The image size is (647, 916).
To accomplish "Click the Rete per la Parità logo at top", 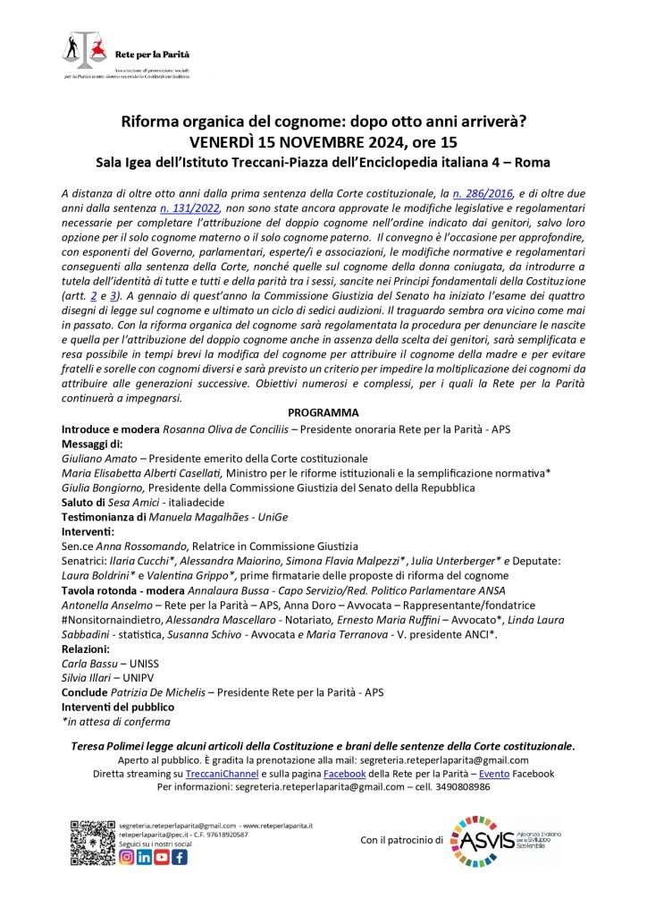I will coord(125,55).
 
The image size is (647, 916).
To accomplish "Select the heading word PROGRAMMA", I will coord(323,412).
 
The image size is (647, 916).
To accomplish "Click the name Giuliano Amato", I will coord(90,458).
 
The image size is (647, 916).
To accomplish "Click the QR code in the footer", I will coord(92,842).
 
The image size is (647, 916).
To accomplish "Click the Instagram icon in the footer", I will coord(127,857).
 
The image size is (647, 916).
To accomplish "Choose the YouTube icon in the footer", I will coord(162,857).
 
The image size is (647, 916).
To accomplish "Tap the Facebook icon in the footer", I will coord(180,857).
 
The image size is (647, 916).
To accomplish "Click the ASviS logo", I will coord(506,840).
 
